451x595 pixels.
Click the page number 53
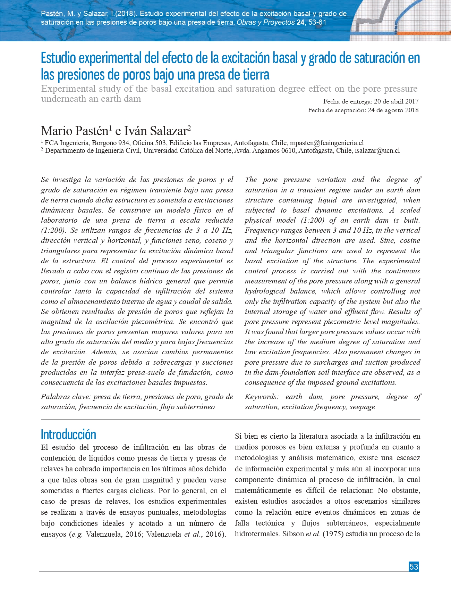click(414, 567)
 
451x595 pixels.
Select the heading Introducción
click(68, 435)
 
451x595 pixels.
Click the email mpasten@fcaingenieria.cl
click(326, 143)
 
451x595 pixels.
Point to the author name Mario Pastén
click(74, 131)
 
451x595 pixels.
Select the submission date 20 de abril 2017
click(396, 101)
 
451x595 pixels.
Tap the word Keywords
click(261, 397)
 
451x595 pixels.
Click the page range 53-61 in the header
click(317, 23)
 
